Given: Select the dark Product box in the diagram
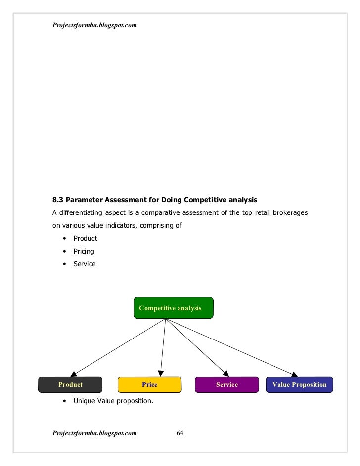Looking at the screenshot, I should (71, 384).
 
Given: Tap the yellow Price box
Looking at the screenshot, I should (149, 384).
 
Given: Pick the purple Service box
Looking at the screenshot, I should (226, 384).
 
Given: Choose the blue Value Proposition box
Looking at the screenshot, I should (299, 384).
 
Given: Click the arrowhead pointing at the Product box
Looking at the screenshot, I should (73, 374).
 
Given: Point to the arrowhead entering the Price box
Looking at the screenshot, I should (159, 374).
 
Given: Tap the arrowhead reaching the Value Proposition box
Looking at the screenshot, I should (295, 374).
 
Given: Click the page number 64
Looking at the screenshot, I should (180, 433).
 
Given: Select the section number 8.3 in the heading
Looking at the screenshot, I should (58, 200).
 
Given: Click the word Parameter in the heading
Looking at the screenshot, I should (84, 200).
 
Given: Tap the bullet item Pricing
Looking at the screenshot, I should (84, 251).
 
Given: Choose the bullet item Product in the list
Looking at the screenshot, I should (85, 238).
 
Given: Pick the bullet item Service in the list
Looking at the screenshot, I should (85, 264).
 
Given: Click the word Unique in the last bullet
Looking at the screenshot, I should (84, 400).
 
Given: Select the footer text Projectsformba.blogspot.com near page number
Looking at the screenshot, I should (94, 433).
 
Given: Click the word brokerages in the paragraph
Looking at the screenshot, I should (291, 213).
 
